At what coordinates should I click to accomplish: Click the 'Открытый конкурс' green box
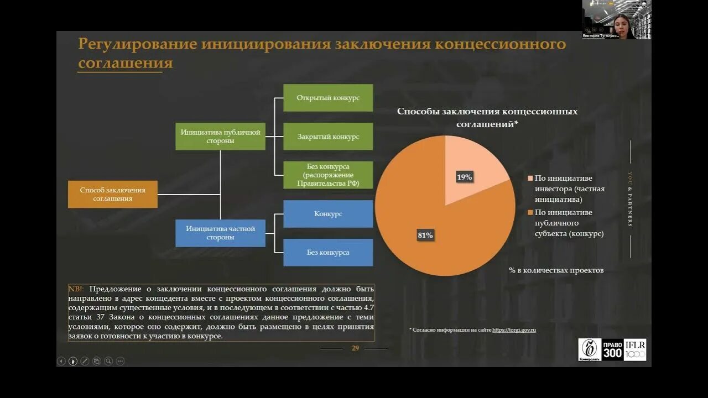328,98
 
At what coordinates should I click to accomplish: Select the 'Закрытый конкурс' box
328,137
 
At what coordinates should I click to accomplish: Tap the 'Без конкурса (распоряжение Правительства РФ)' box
328,175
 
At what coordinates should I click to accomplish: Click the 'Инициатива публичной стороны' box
220,137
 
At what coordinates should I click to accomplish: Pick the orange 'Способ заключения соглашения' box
113,194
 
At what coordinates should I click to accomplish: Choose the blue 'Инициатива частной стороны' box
220,233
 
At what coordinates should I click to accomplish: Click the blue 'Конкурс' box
328,214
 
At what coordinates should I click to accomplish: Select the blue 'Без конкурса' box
328,253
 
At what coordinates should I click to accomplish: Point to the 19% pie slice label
464,177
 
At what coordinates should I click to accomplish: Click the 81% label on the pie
425,235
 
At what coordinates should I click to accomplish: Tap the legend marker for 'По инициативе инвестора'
530,179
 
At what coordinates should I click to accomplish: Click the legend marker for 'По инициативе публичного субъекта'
530,213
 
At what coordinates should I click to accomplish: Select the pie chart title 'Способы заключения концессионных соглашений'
487,118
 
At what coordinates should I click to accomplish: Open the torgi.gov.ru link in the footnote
514,330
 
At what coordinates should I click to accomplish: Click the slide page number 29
356,348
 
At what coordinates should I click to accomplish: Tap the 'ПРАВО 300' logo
612,350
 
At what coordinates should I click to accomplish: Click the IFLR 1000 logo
635,350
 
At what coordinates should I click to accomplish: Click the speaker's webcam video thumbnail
616,19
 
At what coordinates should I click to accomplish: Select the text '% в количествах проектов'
556,270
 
